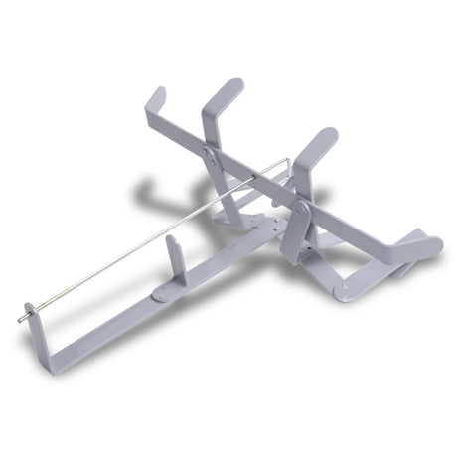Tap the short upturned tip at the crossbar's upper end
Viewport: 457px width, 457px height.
pyautogui.click(x=156, y=98)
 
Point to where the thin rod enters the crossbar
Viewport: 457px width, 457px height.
pyautogui.click(x=254, y=179)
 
